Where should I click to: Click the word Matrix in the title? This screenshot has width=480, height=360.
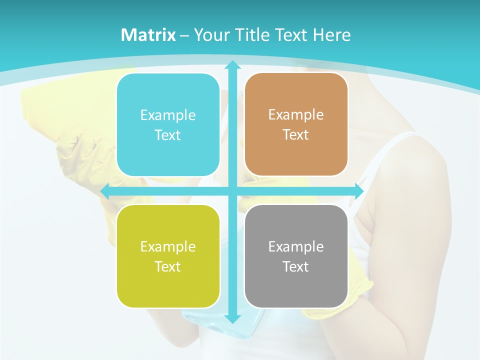(x=148, y=35)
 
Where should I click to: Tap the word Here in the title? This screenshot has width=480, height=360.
(x=331, y=35)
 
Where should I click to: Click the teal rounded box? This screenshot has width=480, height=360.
(x=168, y=124)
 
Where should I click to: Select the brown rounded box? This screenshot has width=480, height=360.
(x=296, y=124)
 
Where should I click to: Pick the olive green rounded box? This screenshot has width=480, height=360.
(x=168, y=256)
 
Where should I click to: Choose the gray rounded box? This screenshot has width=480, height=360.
(x=296, y=256)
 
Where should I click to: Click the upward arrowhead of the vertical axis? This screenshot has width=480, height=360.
(x=232, y=64)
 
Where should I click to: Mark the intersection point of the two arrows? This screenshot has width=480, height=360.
(x=232, y=191)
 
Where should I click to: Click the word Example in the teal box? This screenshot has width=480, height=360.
(x=168, y=115)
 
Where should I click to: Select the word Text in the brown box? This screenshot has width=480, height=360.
(x=296, y=135)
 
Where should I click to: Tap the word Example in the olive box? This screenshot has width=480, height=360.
(x=168, y=247)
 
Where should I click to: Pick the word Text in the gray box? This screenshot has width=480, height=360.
(x=296, y=267)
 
